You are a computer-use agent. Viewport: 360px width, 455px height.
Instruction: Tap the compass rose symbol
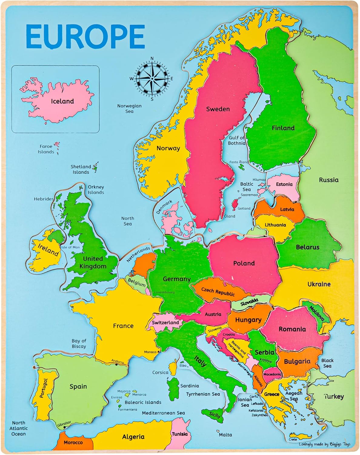pos(152,79)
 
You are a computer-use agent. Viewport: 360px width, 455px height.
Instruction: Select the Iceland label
pos(62,101)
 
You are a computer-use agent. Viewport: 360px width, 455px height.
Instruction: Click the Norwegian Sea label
pos(129,109)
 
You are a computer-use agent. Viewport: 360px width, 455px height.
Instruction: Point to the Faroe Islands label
pos(46,149)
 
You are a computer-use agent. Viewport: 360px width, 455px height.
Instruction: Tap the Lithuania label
pos(275,225)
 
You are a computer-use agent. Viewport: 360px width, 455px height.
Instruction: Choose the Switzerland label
pos(165,322)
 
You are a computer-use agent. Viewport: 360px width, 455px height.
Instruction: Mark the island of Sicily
pos(215,415)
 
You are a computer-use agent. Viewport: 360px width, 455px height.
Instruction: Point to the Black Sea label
pos(327,363)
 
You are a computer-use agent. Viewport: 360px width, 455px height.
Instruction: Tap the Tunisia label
pos(180,434)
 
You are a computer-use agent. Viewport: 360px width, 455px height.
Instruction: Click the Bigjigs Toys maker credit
pos(324,444)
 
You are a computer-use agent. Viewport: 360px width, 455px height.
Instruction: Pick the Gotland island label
pos(244,208)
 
